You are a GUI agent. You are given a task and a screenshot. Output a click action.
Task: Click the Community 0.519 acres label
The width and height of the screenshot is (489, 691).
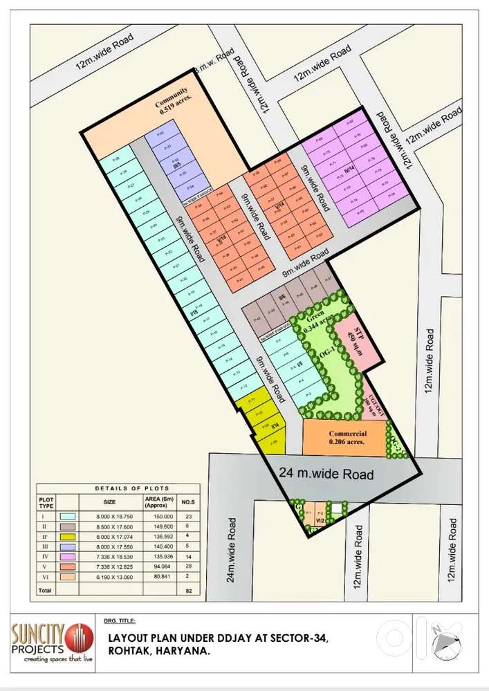tap(172, 100)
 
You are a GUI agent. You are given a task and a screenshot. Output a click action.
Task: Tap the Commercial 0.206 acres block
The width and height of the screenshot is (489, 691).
tap(344, 436)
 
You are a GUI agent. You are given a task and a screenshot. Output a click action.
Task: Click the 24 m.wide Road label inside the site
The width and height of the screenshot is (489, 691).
tap(326, 474)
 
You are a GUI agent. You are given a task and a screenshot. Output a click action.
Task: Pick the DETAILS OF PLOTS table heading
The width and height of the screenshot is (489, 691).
tap(118, 488)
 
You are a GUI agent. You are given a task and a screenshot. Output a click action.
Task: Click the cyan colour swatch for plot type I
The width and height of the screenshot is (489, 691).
tap(67, 515)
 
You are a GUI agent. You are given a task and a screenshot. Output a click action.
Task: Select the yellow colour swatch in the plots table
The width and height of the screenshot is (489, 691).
tap(67, 537)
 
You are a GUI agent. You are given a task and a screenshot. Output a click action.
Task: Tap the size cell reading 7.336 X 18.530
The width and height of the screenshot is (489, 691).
tap(110, 557)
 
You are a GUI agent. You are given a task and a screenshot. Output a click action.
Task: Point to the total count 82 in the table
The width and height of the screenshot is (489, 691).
tap(188, 591)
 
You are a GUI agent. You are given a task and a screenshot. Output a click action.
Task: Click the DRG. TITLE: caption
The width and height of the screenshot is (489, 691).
tap(120, 621)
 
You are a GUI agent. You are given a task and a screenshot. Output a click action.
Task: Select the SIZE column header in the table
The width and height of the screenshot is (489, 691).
tap(109, 501)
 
